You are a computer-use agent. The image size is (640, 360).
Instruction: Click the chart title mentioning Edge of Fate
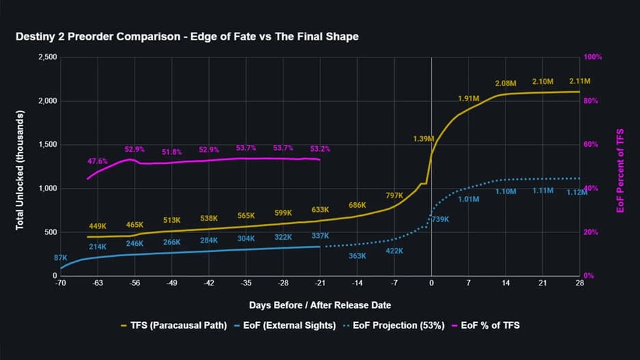(x=186, y=37)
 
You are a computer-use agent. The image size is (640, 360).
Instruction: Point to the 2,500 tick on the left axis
(x=46, y=57)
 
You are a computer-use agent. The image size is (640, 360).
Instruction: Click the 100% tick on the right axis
(x=592, y=57)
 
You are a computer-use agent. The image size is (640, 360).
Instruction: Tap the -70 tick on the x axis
(x=61, y=283)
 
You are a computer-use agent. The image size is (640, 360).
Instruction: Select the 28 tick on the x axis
(x=579, y=283)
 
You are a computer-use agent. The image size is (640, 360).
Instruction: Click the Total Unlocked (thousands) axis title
(x=20, y=166)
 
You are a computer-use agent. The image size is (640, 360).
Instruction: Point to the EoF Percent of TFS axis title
(x=620, y=166)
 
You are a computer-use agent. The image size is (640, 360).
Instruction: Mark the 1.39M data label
(x=423, y=139)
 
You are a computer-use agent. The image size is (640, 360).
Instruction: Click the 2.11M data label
(x=579, y=82)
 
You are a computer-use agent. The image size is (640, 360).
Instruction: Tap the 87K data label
(x=60, y=258)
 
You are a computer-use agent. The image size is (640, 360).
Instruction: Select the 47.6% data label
(x=98, y=162)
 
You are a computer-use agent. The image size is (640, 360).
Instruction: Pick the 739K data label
(x=441, y=219)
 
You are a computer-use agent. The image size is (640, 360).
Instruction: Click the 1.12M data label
(x=576, y=193)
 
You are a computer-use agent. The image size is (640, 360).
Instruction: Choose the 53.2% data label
(x=320, y=148)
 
